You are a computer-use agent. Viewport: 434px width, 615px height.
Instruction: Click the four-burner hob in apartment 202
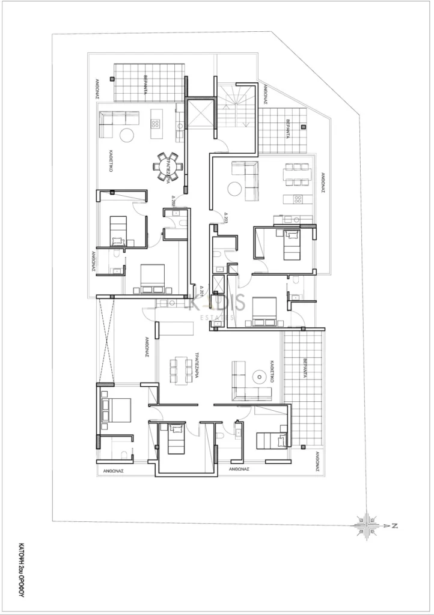click(155, 124)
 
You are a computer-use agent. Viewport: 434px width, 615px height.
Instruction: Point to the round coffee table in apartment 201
click(259, 377)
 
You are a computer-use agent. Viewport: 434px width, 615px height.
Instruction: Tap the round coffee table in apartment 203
click(234, 189)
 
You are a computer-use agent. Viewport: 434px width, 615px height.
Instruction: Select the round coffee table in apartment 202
click(127, 135)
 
